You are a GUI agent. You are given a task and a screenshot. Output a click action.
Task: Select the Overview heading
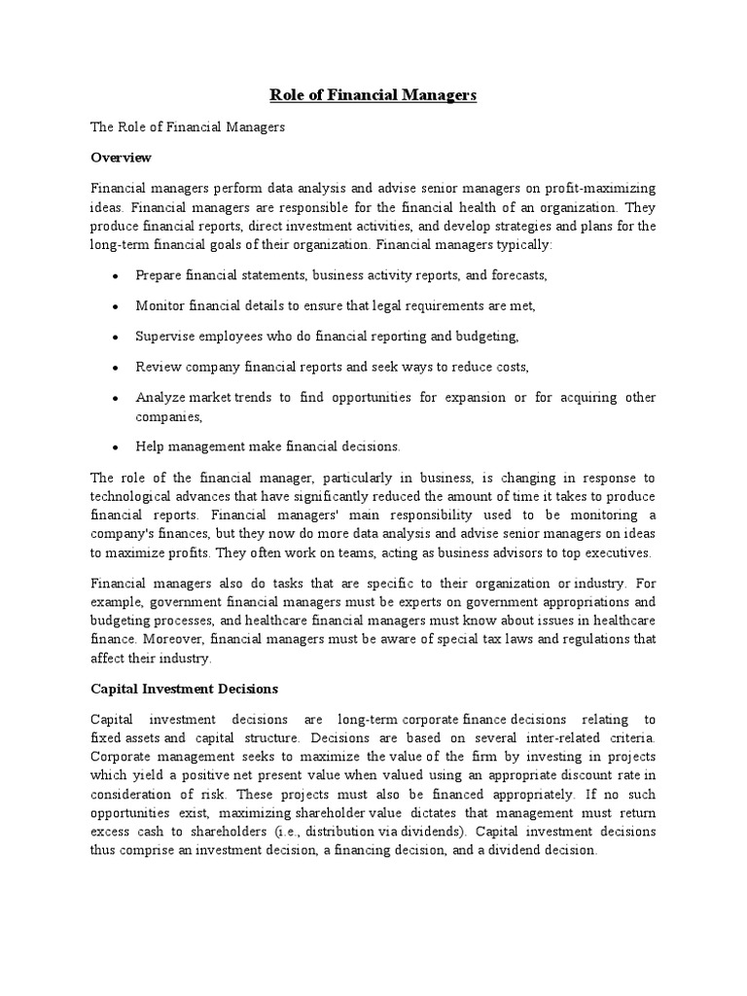[122, 157]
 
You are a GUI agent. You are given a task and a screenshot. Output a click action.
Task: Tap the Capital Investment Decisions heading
[185, 689]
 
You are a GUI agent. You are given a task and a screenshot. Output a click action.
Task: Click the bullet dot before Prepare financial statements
[115, 277]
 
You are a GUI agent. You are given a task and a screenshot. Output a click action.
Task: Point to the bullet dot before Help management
[115, 447]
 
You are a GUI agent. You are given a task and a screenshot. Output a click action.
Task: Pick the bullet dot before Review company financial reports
[115, 368]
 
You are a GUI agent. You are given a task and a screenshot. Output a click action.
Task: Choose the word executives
[617, 552]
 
